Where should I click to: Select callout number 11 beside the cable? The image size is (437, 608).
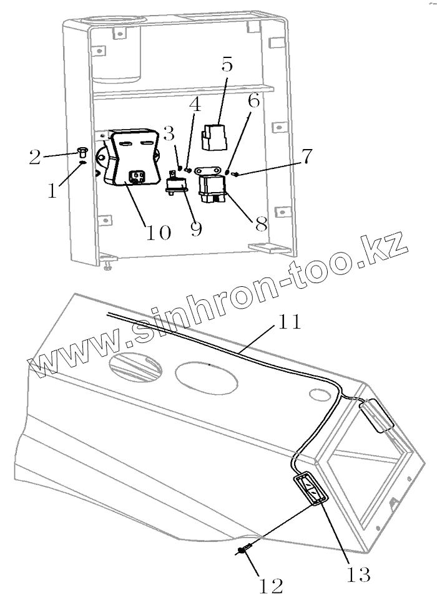(289, 322)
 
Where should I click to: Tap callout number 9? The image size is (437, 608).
(196, 229)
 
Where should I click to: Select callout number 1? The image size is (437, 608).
(52, 190)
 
